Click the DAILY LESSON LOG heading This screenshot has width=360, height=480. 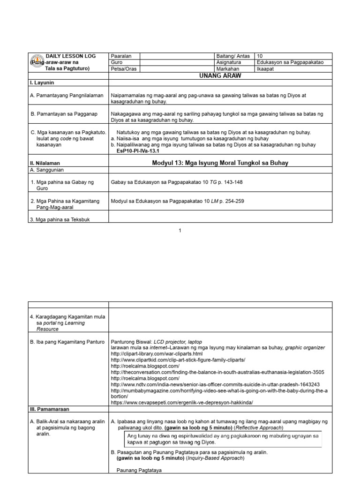click(x=70, y=56)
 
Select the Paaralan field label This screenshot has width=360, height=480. click(x=121, y=56)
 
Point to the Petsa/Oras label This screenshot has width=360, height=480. click(x=123, y=68)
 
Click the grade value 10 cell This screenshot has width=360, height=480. click(x=260, y=56)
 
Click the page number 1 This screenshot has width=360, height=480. click(x=180, y=231)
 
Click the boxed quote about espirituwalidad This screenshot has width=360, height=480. click(x=223, y=439)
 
